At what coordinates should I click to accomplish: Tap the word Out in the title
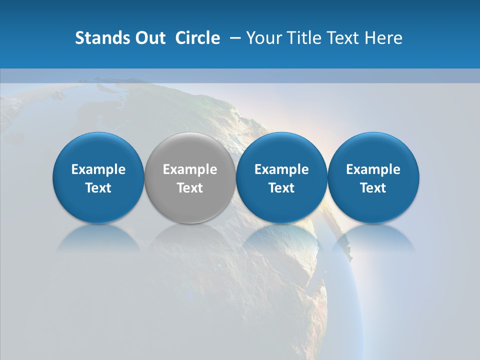coord(148,38)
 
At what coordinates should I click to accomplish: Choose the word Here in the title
coord(385,38)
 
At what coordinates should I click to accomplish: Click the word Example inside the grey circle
coord(190,169)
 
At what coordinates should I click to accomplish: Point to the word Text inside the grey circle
coord(190,188)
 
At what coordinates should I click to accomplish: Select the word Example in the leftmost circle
coord(98,169)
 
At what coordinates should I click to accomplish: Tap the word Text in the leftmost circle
coord(98,188)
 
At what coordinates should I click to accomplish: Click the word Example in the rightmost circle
coord(373,169)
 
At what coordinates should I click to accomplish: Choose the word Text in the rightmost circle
coord(373,188)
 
